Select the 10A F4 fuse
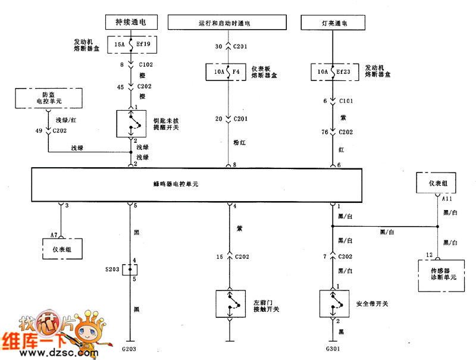(x=227, y=72)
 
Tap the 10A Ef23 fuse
(x=331, y=72)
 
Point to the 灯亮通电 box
(x=332, y=23)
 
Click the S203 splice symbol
(x=130, y=270)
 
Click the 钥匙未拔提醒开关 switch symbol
(x=130, y=123)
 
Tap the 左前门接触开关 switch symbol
(x=228, y=304)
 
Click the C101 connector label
(x=347, y=101)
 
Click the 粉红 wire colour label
(x=239, y=143)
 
